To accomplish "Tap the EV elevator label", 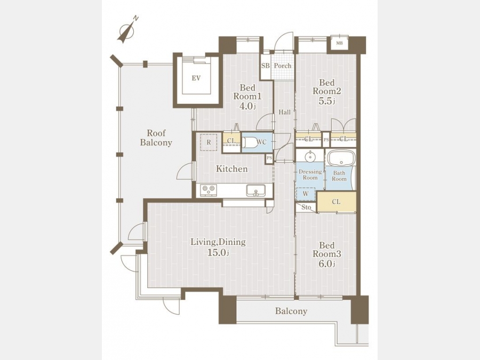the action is coord(196,78).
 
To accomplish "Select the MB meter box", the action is coord(339,43).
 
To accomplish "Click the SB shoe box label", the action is coord(266,66).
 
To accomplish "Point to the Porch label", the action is coord(282,66).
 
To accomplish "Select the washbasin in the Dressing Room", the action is coord(310,156).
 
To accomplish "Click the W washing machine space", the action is coord(306,194).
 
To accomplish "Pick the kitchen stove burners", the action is coord(209,190).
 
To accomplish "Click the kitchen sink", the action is coord(255,191).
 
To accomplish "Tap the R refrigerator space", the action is coord(209,142).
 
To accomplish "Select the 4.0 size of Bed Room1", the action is coord(247,106).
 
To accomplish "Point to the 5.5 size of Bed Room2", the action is coord(327,101).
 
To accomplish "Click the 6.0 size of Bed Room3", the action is coord(326,263).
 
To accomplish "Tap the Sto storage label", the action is coord(306,207).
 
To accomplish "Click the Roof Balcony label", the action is coord(156,138).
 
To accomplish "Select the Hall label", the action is coord(284,113).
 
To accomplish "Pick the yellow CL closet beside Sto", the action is coord(337,202).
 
